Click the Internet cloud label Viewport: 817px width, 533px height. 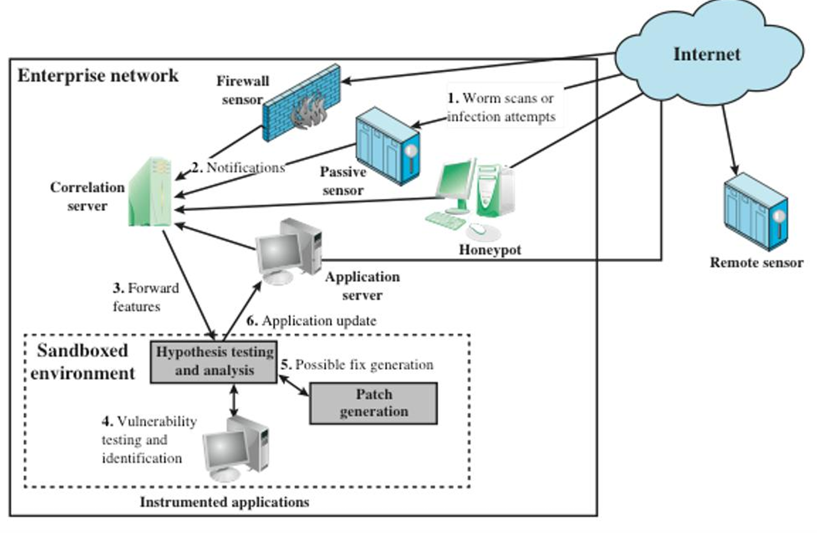(706, 54)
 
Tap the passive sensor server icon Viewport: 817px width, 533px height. (387, 146)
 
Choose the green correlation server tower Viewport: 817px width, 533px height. (150, 192)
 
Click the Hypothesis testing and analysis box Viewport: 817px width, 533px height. (214, 361)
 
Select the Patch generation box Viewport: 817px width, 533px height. (373, 403)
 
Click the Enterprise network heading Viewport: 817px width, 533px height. (98, 75)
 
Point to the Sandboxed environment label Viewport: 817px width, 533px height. (83, 362)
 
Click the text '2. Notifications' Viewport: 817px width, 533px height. (238, 168)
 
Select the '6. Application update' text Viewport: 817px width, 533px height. (311, 321)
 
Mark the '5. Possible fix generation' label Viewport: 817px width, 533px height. (357, 365)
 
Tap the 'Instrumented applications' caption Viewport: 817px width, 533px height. (224, 502)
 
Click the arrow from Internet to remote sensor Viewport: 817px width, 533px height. (730, 140)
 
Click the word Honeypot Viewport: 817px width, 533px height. (490, 250)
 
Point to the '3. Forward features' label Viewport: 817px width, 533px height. (145, 297)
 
